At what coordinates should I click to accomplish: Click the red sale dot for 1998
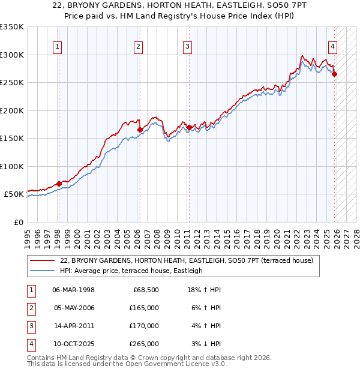[x=59, y=184]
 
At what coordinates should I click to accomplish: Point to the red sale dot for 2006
[x=140, y=130]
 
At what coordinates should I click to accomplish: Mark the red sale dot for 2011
[x=189, y=127]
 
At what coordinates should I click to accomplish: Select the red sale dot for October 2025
[x=334, y=74]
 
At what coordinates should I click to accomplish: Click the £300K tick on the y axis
[x=12, y=55]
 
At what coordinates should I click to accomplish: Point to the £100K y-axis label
[x=12, y=166]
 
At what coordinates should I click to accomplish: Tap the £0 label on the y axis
[x=18, y=222]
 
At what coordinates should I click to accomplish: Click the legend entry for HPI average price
[x=131, y=271]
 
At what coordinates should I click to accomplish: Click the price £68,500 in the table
[x=146, y=290]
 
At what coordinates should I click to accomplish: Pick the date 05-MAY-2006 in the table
[x=73, y=308]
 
